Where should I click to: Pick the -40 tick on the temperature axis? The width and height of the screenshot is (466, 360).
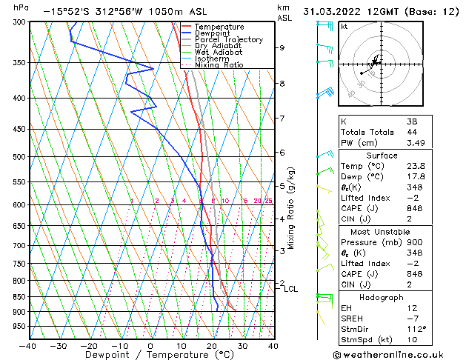(28, 346)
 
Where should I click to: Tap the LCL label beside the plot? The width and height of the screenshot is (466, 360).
(290, 289)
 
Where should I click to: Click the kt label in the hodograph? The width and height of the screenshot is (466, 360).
(344, 26)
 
